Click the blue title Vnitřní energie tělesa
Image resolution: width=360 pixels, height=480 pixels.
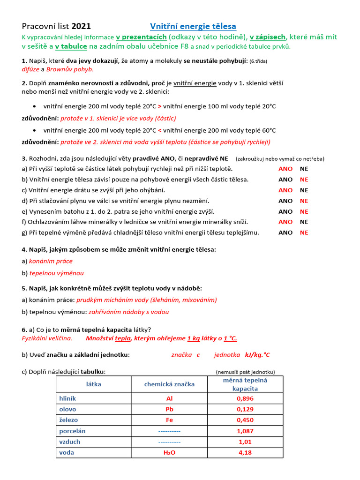click(193, 26)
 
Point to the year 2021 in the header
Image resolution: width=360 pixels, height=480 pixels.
click(82, 26)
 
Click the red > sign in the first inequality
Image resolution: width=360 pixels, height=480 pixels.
click(160, 106)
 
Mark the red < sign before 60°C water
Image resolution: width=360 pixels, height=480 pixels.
click(160, 130)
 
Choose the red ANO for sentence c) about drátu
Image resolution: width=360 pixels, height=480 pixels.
click(285, 190)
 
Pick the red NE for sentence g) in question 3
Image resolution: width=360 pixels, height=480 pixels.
click(304, 232)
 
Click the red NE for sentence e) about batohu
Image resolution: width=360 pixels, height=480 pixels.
click(304, 211)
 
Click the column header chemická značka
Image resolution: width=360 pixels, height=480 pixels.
click(169, 384)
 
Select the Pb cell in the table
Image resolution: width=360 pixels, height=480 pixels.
click(169, 409)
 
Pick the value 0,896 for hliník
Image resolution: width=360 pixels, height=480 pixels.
click(245, 398)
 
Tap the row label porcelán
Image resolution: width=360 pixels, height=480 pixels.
click(72, 431)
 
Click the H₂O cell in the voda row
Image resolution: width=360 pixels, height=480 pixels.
click(169, 453)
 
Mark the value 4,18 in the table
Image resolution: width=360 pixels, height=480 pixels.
click(245, 453)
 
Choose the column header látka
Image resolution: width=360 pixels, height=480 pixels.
click(94, 384)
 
